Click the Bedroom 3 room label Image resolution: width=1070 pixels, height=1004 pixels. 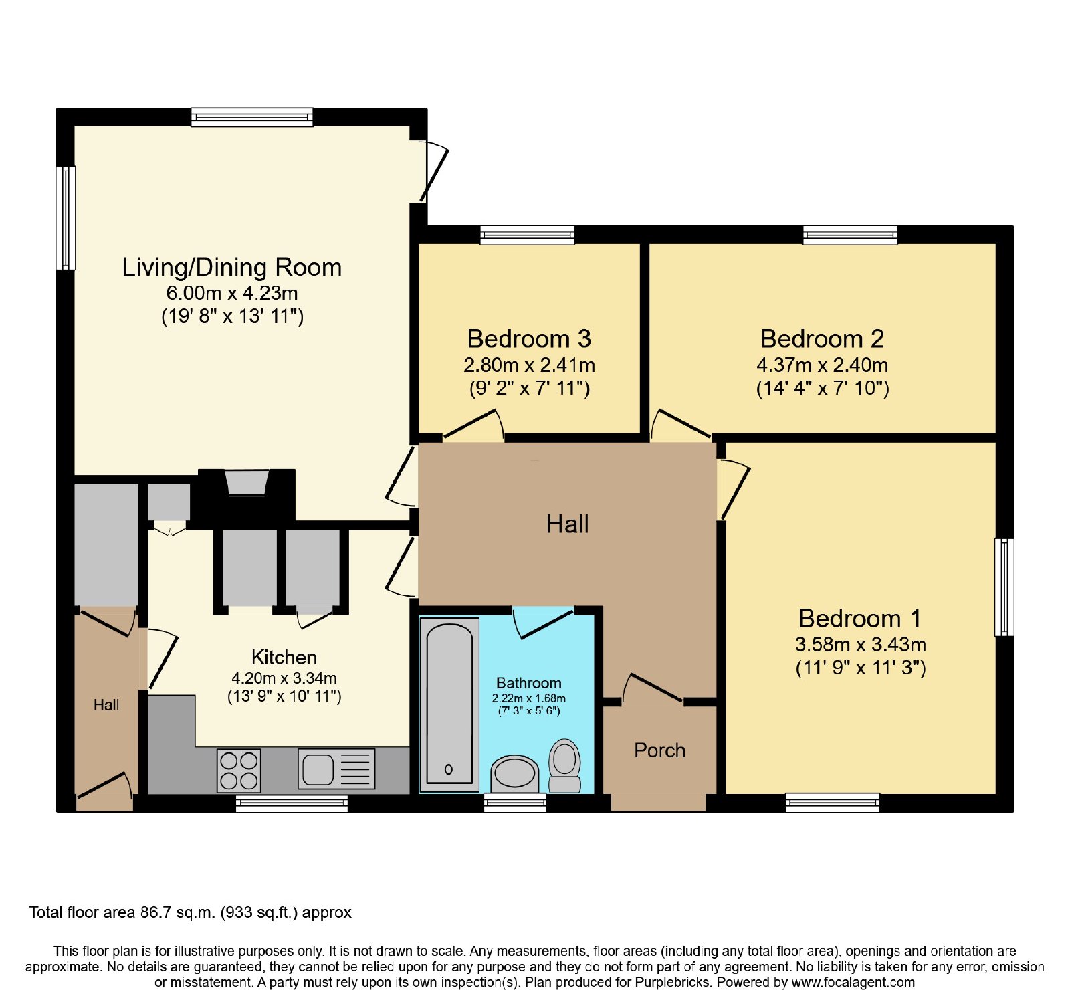(x=529, y=339)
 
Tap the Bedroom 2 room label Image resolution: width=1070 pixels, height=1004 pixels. (x=822, y=339)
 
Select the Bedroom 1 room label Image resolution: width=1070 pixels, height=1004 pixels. (x=860, y=619)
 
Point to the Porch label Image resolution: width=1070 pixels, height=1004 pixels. (x=659, y=750)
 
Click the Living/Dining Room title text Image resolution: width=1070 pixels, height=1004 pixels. (x=231, y=268)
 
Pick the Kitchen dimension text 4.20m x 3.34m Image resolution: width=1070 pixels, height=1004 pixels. (x=284, y=678)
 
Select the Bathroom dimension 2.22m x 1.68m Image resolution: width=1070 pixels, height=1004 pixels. (x=529, y=698)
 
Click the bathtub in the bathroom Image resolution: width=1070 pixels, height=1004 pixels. (x=449, y=704)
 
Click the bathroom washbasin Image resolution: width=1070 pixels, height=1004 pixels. (x=514, y=775)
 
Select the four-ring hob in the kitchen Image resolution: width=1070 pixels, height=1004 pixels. (x=239, y=771)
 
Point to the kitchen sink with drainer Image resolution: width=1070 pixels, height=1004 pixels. (x=336, y=769)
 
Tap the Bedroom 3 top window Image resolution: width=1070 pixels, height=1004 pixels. (x=528, y=235)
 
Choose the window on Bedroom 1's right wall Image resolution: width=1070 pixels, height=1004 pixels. (x=1004, y=587)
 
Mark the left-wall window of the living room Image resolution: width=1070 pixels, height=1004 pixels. (x=66, y=217)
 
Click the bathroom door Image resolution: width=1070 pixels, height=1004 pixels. (x=543, y=623)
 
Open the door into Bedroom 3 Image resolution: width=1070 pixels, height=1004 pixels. (x=473, y=425)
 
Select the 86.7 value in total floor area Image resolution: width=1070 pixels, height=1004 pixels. (x=151, y=912)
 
